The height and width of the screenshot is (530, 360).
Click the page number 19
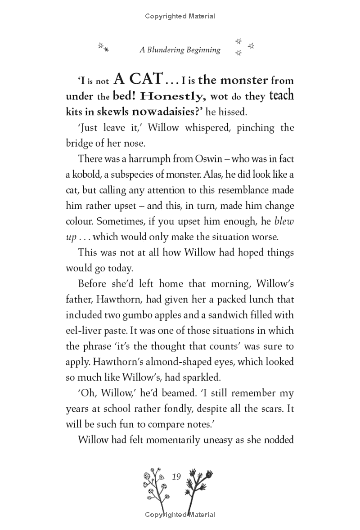tap(176, 476)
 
